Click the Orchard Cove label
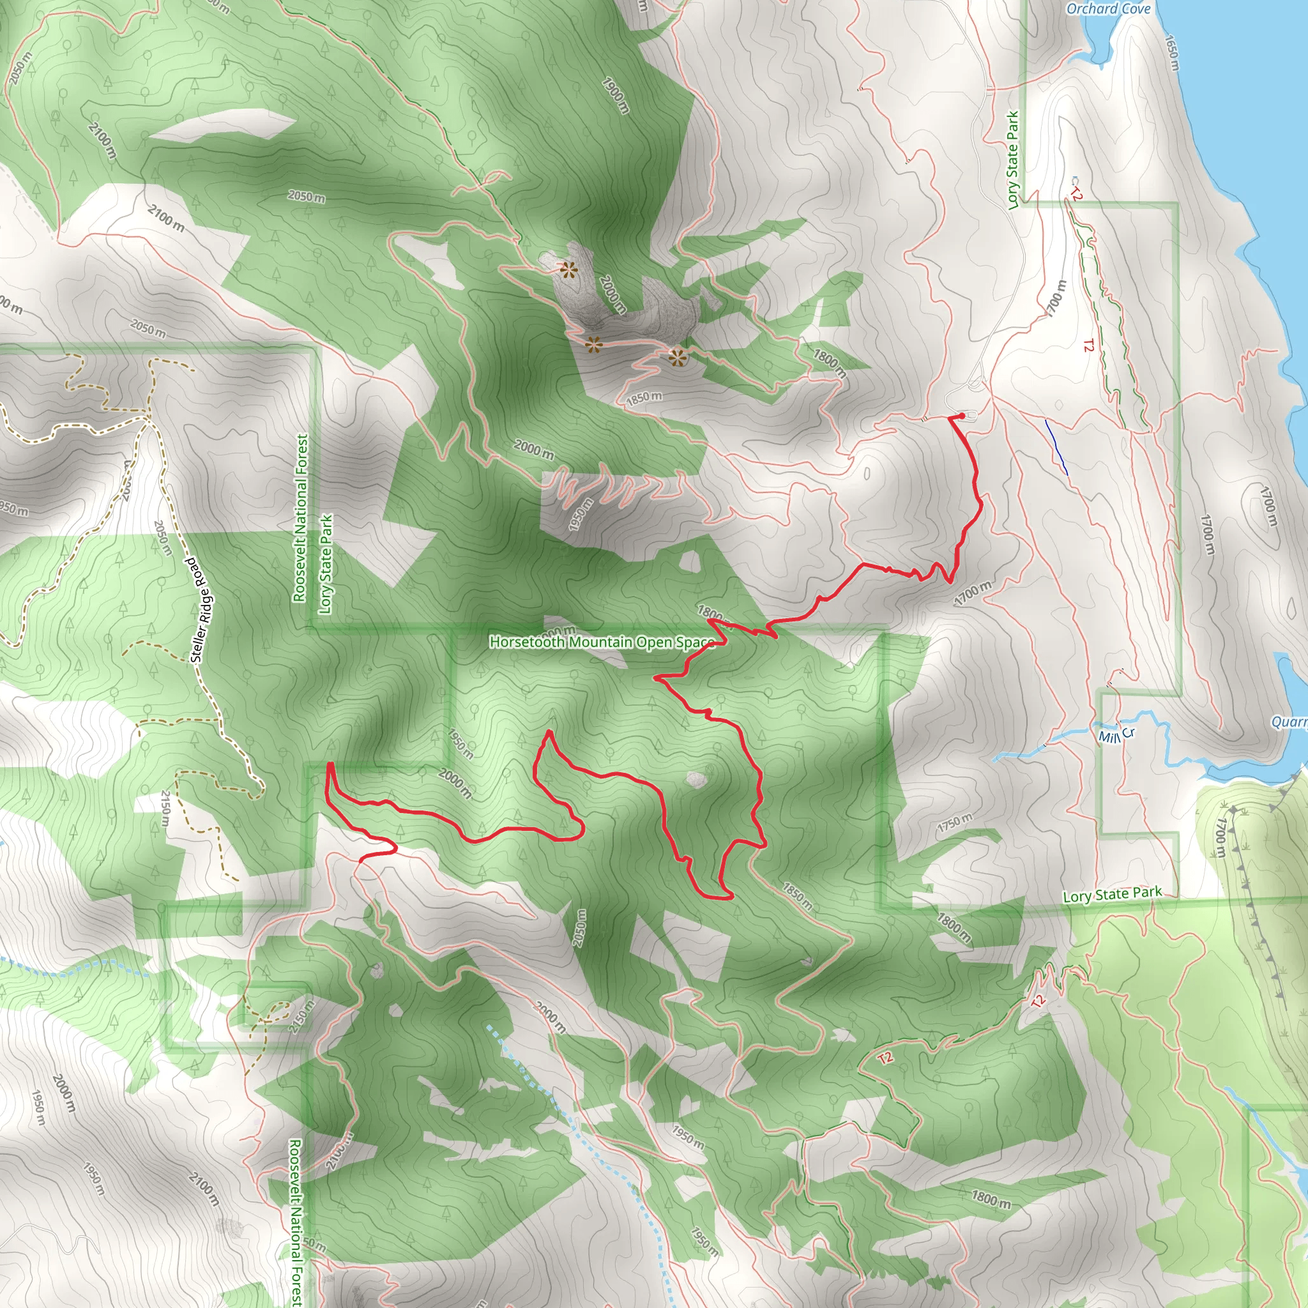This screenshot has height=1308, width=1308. tap(1107, 9)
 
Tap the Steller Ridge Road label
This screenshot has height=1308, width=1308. tap(202, 609)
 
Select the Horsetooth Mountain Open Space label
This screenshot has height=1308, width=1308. tap(602, 641)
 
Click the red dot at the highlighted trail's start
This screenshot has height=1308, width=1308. tap(962, 416)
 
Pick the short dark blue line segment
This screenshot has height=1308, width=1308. tap(1056, 447)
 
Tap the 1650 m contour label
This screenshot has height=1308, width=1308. tap(1171, 53)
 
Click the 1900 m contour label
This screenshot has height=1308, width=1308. tap(616, 95)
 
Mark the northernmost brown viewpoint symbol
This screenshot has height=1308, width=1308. tap(568, 271)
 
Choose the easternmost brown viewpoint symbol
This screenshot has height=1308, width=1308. tap(677, 358)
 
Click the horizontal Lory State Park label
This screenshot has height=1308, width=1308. tap(1113, 894)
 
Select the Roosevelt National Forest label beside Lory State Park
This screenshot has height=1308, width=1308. tap(301, 518)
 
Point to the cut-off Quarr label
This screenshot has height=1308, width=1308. tap(1289, 722)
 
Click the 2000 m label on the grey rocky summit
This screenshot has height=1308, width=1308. tap(611, 294)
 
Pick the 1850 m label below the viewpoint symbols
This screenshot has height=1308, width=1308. tap(644, 398)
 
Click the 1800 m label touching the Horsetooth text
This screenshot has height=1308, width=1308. tap(712, 613)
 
